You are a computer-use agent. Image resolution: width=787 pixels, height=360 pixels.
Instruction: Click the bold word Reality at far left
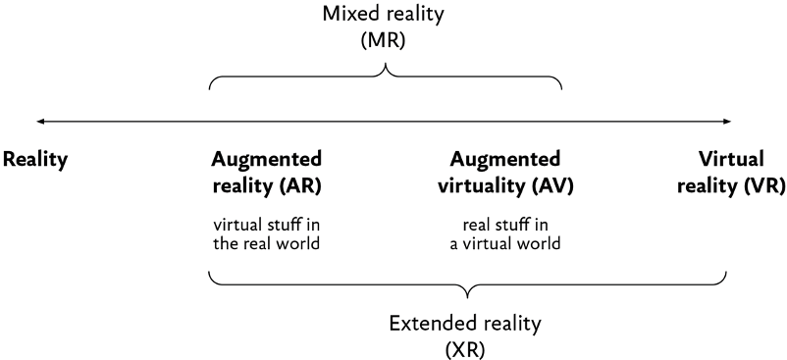pos(35,161)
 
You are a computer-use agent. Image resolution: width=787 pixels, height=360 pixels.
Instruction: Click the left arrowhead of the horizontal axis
pos(40,122)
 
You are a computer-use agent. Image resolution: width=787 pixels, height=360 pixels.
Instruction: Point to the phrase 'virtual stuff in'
pos(266,223)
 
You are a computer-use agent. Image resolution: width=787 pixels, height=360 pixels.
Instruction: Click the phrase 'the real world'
pos(266,243)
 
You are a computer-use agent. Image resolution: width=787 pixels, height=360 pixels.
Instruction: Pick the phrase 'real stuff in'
pos(505,223)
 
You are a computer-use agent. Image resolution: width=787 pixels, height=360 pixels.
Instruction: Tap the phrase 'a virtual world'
pos(505,243)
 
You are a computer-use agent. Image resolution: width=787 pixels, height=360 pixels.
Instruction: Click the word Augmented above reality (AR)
pos(266,160)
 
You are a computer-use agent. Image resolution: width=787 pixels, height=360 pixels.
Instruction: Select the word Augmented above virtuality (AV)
pos(505,160)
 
